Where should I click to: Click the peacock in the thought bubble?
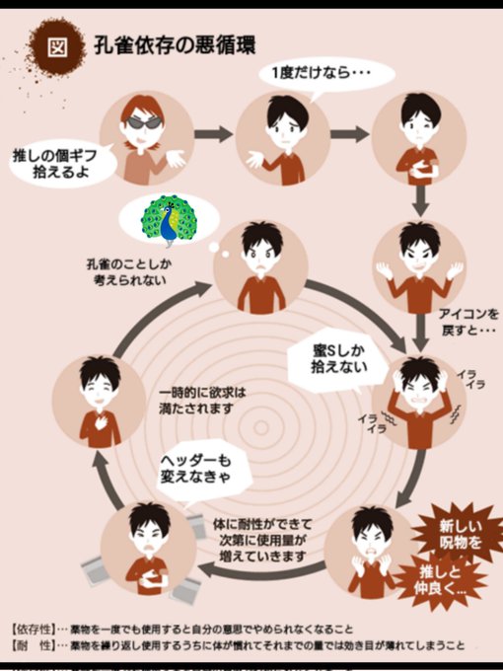[170, 220]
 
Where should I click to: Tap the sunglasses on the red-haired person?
[145, 122]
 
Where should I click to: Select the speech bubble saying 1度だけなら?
[326, 74]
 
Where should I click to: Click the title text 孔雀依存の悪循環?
[175, 45]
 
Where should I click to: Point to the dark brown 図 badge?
[56, 46]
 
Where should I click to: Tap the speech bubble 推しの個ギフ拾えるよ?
[60, 163]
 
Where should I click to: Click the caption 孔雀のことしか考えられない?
[129, 272]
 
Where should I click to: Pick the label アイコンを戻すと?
[468, 323]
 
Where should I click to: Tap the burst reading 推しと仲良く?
[440, 579]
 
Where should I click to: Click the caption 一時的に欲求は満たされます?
[202, 401]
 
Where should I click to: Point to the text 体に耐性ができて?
[262, 524]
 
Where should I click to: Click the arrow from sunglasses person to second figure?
[213, 134]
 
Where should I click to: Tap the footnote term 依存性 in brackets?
[34, 630]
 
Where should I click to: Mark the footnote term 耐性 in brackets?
[34, 645]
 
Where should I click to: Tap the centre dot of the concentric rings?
[260, 427]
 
